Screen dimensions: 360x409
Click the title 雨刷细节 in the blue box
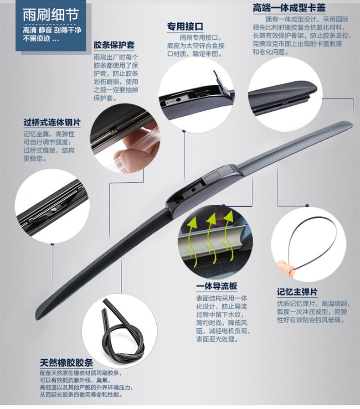pos(50,15)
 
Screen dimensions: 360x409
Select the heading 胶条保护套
pos(114,45)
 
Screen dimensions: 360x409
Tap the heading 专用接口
pos(185,26)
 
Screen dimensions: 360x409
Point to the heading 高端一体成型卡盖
pos(289,8)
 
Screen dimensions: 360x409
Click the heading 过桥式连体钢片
pos(52,122)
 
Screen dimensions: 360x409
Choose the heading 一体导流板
pos(216,286)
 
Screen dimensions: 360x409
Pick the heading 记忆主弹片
pos(297,292)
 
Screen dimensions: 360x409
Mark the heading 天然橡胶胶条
pos(66,362)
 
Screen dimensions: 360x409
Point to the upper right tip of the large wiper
pos(352,122)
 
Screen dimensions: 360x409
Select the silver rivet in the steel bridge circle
pos(54,209)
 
